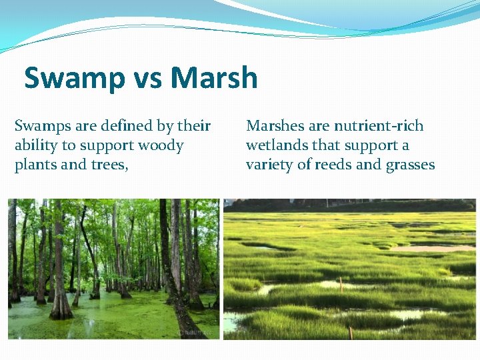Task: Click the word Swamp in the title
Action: [x=71, y=79]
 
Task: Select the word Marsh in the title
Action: [x=214, y=79]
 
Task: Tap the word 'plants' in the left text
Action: [x=35, y=165]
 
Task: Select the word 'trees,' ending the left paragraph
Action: [x=111, y=165]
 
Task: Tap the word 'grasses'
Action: [x=410, y=165]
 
